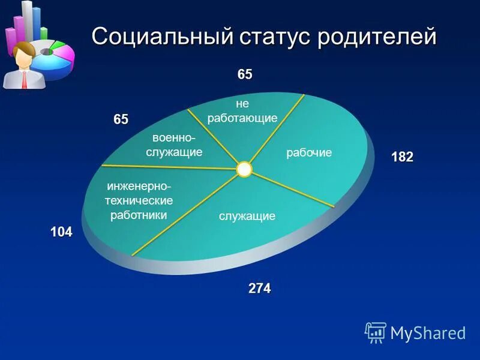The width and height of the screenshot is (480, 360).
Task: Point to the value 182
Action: pos(402,157)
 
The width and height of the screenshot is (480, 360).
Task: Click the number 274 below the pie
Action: pos(259,289)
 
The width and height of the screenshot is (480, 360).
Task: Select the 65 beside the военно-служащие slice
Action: pos(121,119)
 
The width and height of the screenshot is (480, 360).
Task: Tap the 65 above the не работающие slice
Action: pos(245,75)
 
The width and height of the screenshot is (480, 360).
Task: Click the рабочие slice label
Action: pos(309,153)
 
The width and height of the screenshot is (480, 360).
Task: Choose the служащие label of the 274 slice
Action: pos(247,216)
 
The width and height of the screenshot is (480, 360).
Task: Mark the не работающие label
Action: pos(242,111)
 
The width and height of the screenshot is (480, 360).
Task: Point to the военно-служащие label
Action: pos(174,145)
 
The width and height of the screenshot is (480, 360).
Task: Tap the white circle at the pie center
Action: pos(244,169)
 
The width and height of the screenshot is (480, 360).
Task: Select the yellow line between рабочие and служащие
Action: pos(294,189)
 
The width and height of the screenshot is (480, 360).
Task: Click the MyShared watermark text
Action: pos(428,333)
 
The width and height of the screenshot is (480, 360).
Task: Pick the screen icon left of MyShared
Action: pos(376,332)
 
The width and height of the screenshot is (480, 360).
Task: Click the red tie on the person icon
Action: pos(24,77)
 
